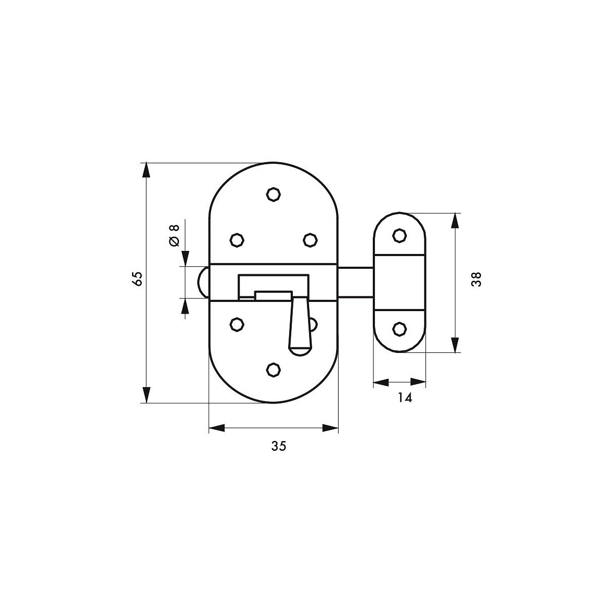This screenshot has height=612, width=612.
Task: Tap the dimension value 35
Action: click(278, 446)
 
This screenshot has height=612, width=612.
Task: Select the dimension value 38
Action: click(476, 279)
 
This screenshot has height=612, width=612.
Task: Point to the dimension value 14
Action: click(405, 398)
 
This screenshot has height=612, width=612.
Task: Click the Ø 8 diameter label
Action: click(174, 235)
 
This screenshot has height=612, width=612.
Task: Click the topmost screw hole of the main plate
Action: click(273, 194)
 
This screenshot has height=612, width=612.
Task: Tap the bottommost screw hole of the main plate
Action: click(273, 370)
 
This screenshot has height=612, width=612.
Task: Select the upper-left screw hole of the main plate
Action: click(237, 240)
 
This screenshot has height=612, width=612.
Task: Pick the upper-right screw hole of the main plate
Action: click(310, 240)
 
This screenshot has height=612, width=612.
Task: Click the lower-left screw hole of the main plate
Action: click(237, 324)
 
